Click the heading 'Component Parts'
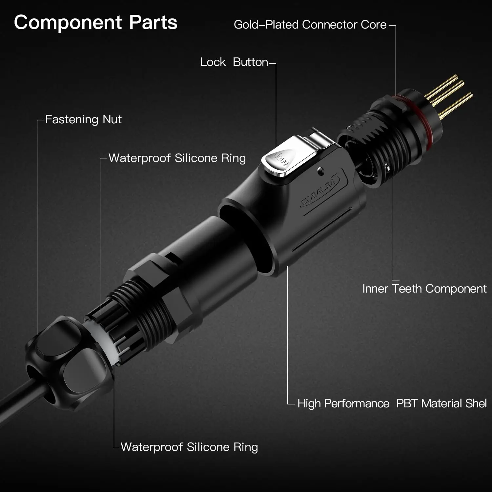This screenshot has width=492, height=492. click(95, 23)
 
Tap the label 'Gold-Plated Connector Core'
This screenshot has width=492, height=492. click(310, 25)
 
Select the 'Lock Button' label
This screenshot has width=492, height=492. click(234, 62)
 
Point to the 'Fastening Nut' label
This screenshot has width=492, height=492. click(83, 119)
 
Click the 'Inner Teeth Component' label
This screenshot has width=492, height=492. click(424, 289)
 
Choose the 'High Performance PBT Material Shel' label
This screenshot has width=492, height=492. click(392, 403)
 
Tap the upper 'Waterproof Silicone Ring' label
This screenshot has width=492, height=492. click(177, 158)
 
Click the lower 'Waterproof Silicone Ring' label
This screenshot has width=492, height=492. click(189, 447)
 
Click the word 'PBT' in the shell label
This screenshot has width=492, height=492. click(407, 403)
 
